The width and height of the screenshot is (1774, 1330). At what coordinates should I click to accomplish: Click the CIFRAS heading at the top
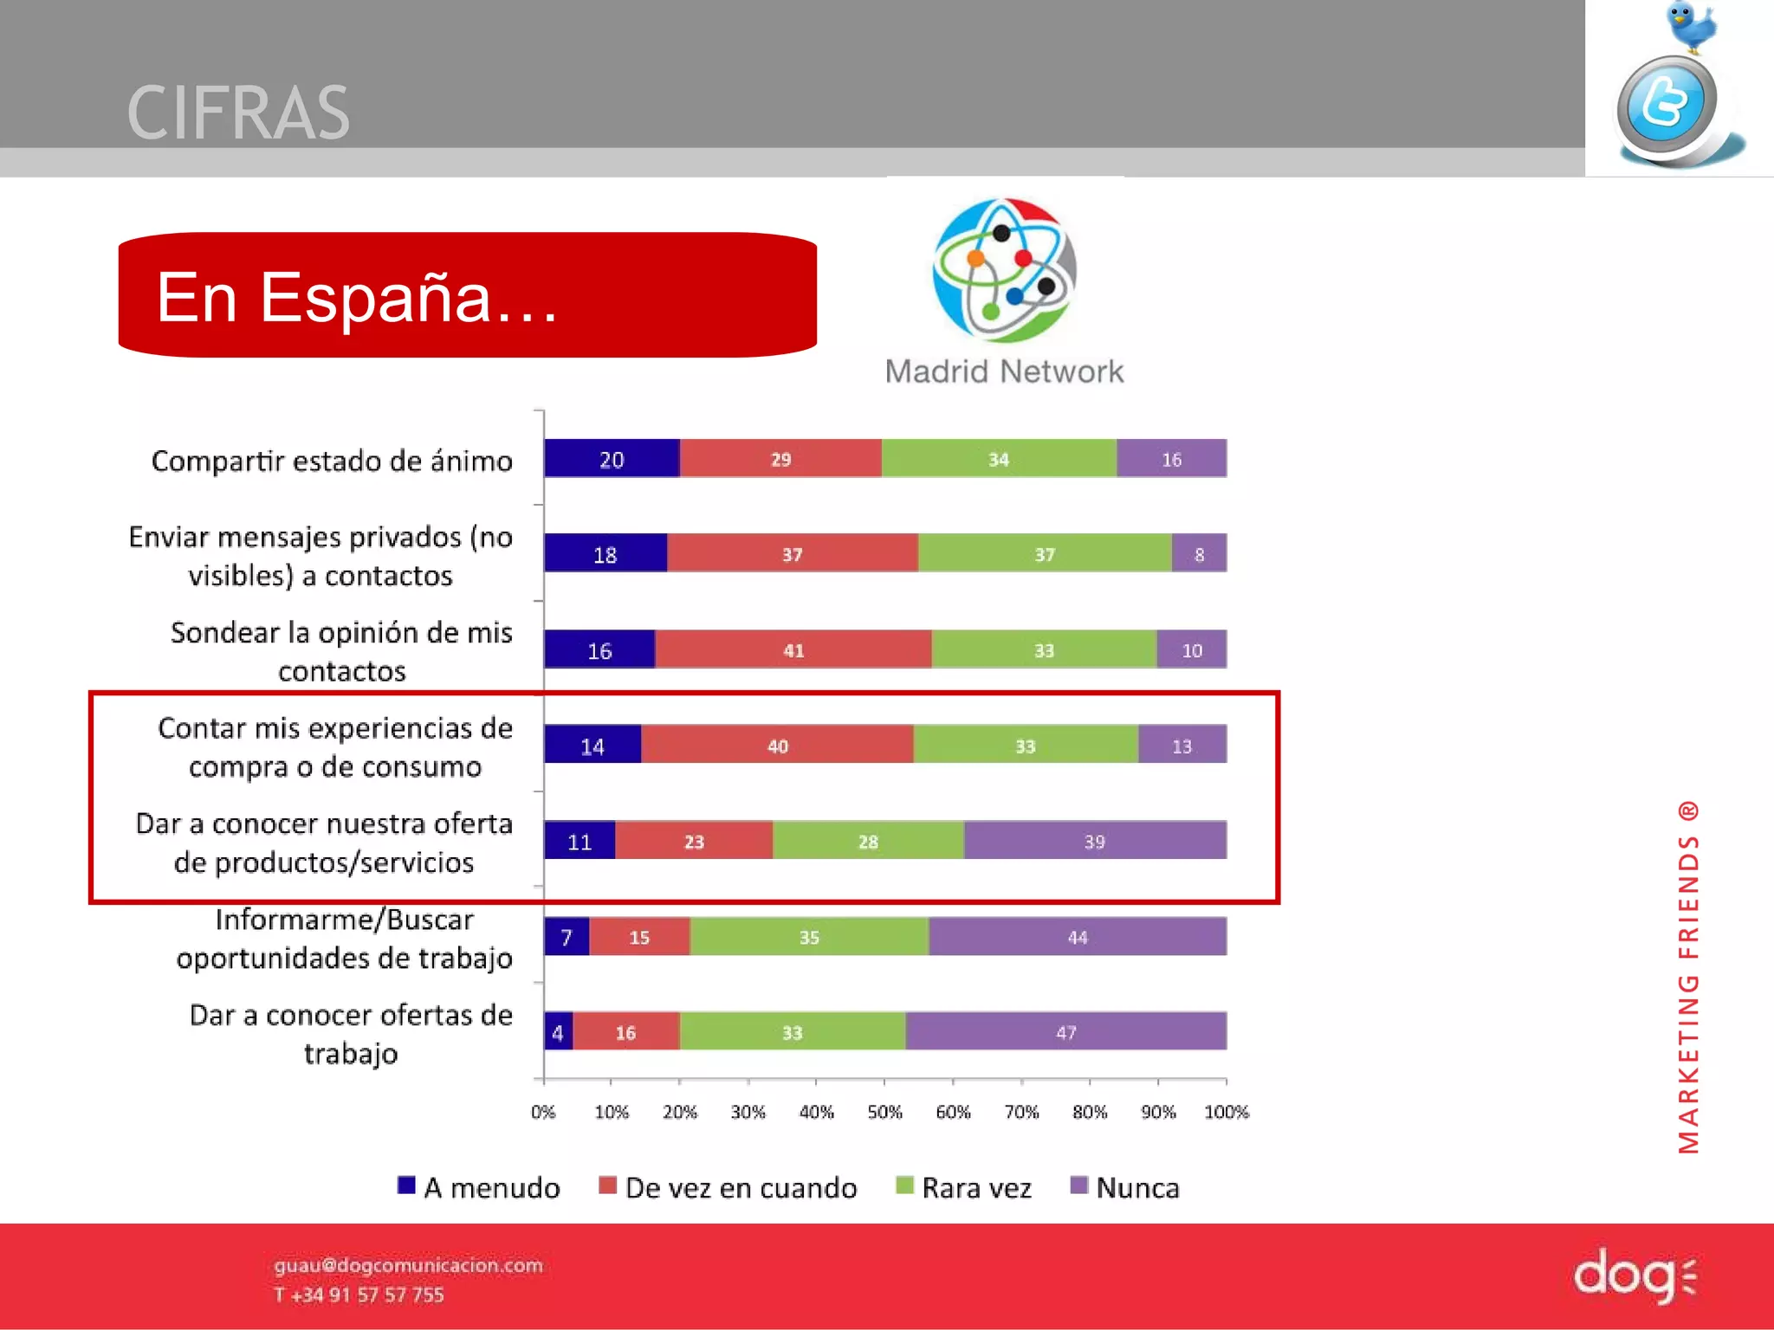[238, 113]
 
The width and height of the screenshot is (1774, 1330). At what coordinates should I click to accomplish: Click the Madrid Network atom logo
[1005, 270]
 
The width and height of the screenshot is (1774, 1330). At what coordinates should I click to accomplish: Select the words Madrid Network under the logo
[1004, 371]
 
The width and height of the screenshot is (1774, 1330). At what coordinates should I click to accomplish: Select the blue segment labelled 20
[612, 459]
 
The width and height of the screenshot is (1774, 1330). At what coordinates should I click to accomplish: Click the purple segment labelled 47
[1065, 1031]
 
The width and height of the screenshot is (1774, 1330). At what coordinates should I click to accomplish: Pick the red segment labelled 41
[793, 649]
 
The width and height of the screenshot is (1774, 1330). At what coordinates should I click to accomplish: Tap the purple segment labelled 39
[1094, 841]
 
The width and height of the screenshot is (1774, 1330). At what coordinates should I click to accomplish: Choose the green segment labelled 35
[809, 937]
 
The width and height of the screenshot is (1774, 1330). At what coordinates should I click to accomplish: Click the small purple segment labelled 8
[1199, 554]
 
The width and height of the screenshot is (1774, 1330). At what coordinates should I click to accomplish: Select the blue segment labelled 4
[558, 1031]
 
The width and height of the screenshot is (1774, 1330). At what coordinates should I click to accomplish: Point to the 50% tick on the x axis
[884, 1111]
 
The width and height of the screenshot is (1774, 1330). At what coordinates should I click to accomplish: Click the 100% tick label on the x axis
[1226, 1111]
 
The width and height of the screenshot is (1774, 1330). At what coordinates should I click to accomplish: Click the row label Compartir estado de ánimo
[332, 461]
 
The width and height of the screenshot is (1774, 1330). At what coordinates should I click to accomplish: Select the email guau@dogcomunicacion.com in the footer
[408, 1265]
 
